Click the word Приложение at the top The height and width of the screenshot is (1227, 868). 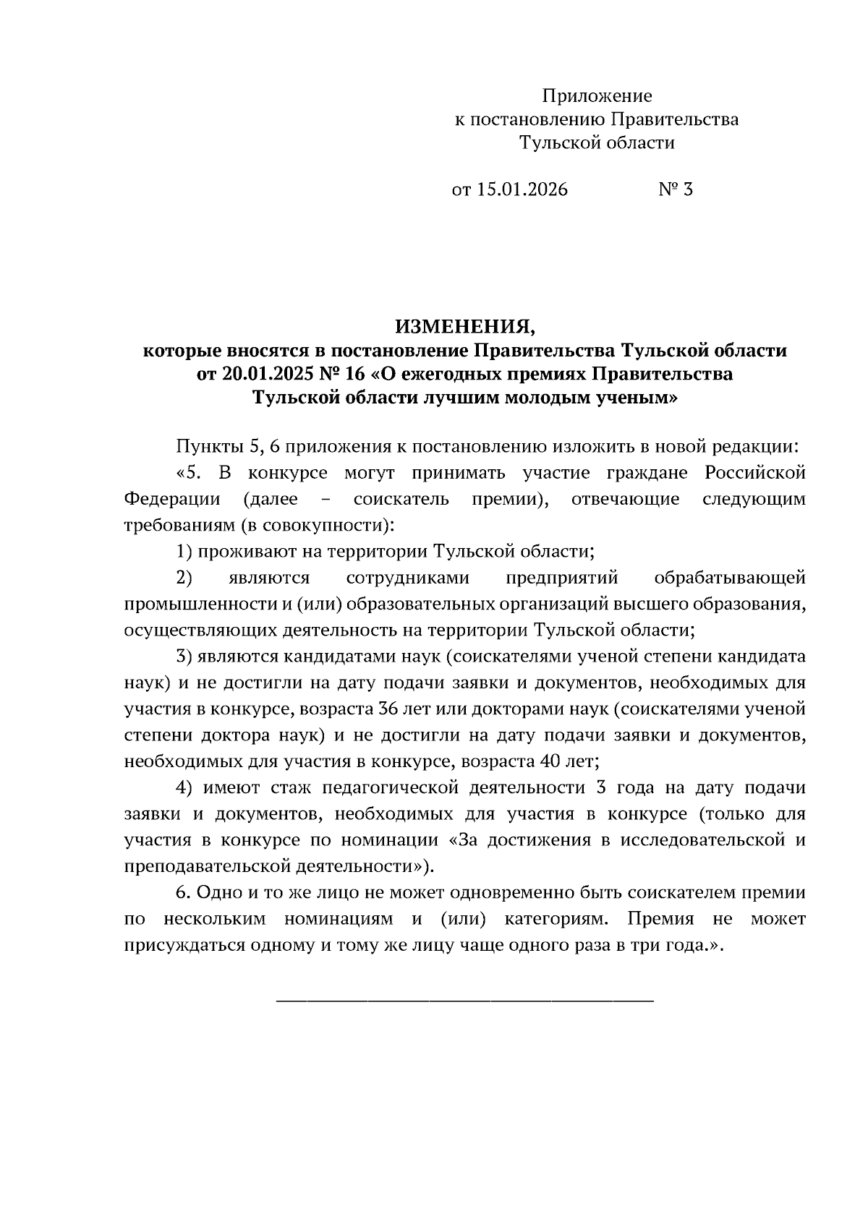tap(597, 96)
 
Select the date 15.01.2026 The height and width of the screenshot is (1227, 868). tap(522, 190)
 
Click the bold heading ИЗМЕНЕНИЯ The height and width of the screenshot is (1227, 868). tap(464, 328)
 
